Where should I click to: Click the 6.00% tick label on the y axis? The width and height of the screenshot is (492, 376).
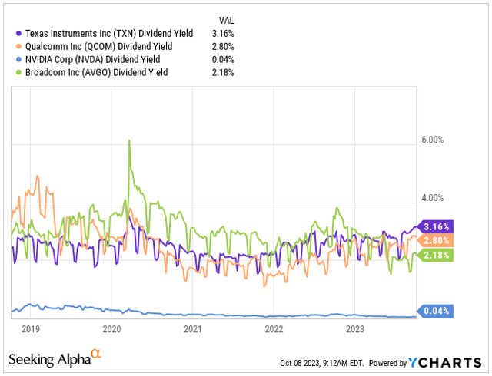click(434, 140)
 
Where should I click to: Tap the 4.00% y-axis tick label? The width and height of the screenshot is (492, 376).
click(434, 199)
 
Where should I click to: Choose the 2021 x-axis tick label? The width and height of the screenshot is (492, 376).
click(192, 329)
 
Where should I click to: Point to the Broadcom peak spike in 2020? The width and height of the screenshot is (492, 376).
click(129, 140)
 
